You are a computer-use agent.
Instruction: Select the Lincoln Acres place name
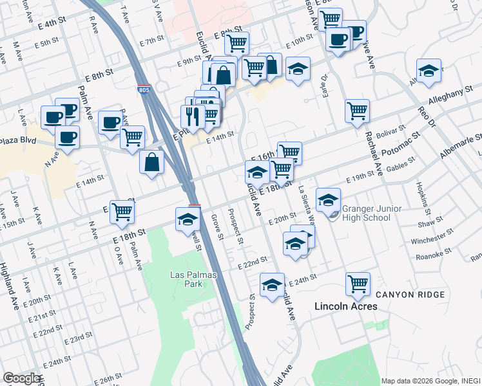coord(345,306)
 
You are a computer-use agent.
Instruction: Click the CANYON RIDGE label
coord(410,295)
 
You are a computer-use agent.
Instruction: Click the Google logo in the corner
coord(21,378)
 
